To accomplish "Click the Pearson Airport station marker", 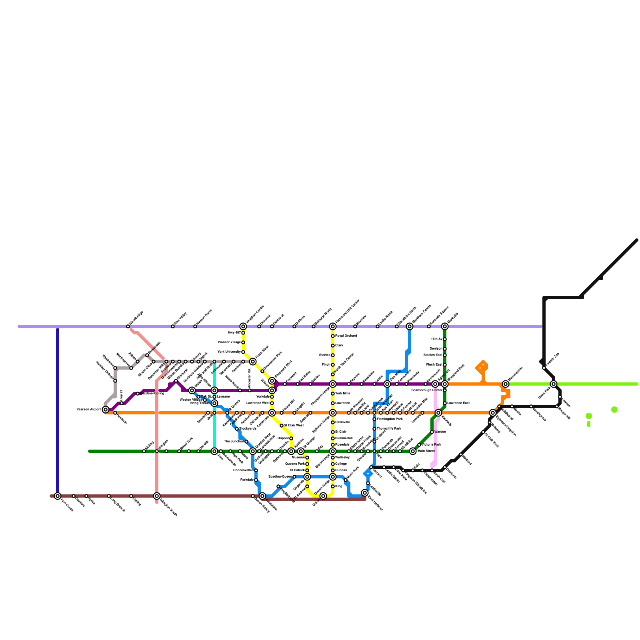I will pyautogui.click(x=106, y=409).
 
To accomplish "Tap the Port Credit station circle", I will pyautogui.click(x=58, y=496).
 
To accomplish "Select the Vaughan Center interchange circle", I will pyautogui.click(x=243, y=326).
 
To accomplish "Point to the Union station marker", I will pyautogui.click(x=323, y=496).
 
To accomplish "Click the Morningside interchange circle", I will pyautogui.click(x=506, y=384).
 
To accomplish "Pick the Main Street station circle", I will pyautogui.click(x=413, y=451).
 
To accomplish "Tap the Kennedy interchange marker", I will pyautogui.click(x=438, y=413).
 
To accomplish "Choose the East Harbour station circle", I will pyautogui.click(x=365, y=493).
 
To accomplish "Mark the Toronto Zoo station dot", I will pyautogui.click(x=544, y=368).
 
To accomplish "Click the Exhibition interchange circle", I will pyautogui.click(x=262, y=496).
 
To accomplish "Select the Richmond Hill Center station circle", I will pyautogui.click(x=333, y=326).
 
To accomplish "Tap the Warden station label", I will pyautogui.click(x=440, y=432).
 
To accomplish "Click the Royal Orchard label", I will pyautogui.click(x=346, y=336).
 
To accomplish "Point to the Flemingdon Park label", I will pyautogui.click(x=390, y=419).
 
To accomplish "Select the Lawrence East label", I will pyautogui.click(x=458, y=403).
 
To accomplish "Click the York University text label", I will pyautogui.click(x=229, y=352).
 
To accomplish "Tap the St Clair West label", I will pyautogui.click(x=294, y=426).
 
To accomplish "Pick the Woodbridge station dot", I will pyautogui.click(x=128, y=326).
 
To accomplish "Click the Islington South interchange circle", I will pyautogui.click(x=157, y=496).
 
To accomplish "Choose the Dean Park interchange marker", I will pyautogui.click(x=554, y=384).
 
